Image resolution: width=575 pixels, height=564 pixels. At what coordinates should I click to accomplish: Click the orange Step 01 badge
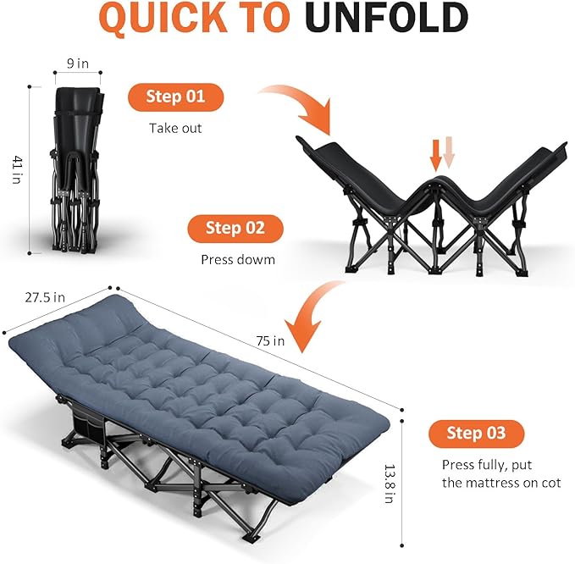coord(176,97)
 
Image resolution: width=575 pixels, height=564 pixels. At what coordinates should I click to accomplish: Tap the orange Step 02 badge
coord(235,228)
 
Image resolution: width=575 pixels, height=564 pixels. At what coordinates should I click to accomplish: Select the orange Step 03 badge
coord(476,434)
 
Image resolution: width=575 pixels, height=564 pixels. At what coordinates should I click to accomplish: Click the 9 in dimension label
coord(78,63)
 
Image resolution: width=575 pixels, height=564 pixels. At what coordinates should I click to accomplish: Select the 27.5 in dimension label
coord(43,297)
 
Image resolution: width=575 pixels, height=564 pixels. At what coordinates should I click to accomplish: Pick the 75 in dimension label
coord(271,340)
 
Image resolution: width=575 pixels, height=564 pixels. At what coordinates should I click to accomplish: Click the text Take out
coord(175,129)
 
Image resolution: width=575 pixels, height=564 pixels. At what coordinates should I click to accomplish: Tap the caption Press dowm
coord(237,260)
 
